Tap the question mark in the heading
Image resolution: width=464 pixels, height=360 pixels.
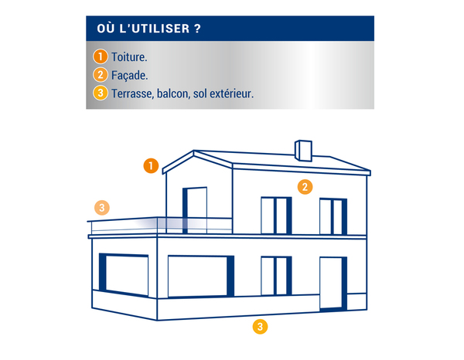[198, 29]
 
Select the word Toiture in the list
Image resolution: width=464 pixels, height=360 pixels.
[128, 57]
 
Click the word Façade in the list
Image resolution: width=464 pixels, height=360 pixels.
[128, 76]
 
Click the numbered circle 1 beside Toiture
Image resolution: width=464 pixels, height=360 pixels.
[101, 56]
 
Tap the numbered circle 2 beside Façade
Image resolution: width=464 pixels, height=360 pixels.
[101, 75]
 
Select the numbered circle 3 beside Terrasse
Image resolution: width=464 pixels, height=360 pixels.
[101, 93]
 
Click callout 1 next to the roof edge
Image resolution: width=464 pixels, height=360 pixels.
[151, 165]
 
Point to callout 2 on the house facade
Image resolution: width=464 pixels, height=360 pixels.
[305, 187]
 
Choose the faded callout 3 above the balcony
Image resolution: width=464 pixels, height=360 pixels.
[102, 208]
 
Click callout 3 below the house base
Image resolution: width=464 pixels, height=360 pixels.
[260, 327]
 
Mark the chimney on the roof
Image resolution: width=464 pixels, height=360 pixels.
[303, 151]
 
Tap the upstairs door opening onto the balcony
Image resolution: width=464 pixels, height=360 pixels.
[194, 210]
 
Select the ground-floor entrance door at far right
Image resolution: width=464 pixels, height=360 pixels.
[333, 284]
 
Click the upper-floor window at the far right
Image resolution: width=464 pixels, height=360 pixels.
[333, 216]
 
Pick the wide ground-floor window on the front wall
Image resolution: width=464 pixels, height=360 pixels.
[201, 277]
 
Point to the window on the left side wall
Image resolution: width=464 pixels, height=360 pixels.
[124, 274]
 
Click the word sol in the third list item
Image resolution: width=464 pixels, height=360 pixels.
[200, 93]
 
